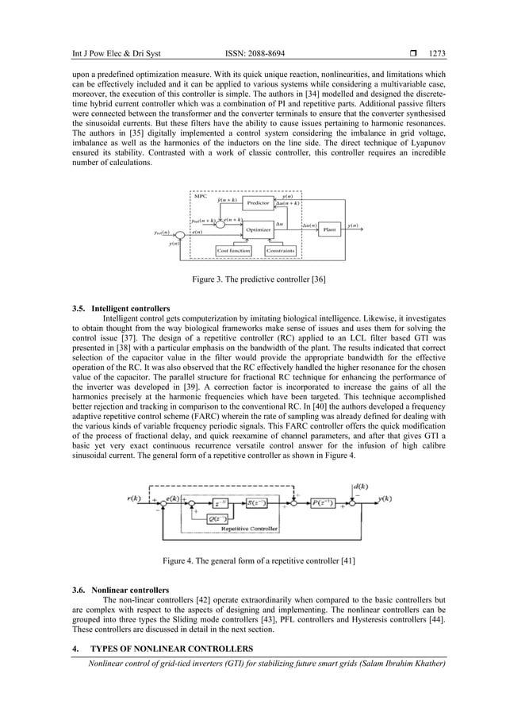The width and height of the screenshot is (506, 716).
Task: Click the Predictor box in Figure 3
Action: [x=259, y=203]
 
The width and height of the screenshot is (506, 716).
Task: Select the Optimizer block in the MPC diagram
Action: [x=259, y=229]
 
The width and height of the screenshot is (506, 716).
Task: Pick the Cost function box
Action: [x=234, y=251]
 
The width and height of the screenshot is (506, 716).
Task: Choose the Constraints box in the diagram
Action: [x=280, y=251]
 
